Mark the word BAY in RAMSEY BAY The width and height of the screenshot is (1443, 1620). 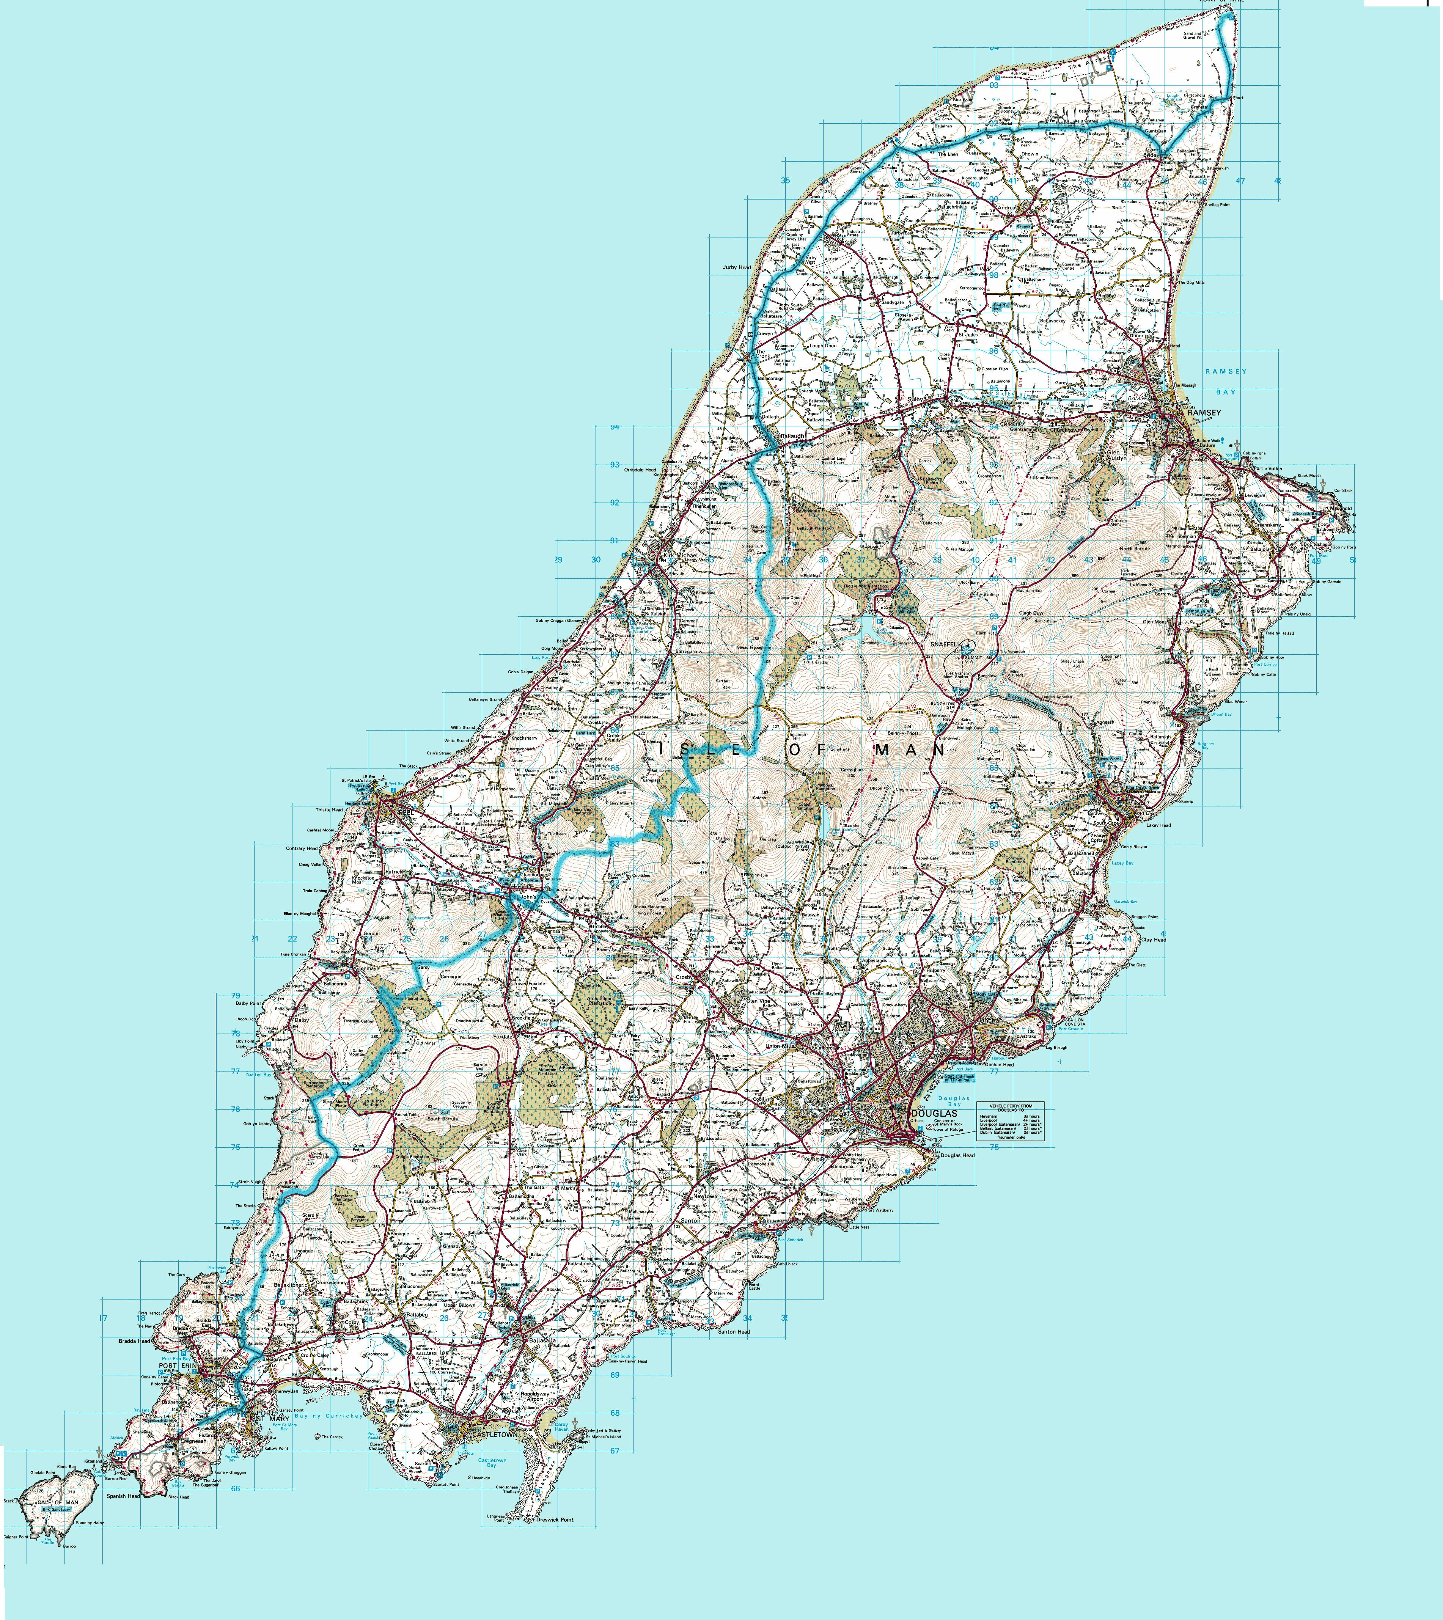(1226, 392)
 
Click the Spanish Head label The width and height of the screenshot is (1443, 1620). (123, 1496)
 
